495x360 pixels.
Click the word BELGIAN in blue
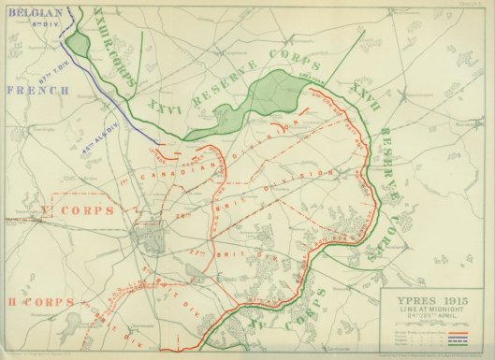[x=29, y=15]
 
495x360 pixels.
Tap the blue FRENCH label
[x=36, y=91]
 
